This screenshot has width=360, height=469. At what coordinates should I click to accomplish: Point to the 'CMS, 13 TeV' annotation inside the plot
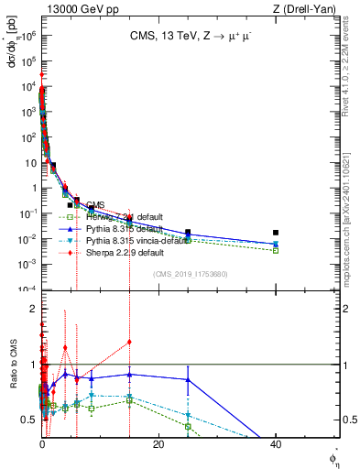coord(189,37)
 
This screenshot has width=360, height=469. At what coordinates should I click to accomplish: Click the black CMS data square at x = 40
coord(276,233)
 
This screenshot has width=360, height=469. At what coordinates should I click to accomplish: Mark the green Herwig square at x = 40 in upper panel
coord(276,250)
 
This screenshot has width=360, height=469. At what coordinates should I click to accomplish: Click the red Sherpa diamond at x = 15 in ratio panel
coord(129,342)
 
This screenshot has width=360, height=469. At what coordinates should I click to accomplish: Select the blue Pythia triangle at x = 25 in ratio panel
coord(188,379)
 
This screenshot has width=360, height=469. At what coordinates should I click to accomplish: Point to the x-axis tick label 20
coord(158,444)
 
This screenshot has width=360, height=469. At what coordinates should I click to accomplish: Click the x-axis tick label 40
coord(276,444)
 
